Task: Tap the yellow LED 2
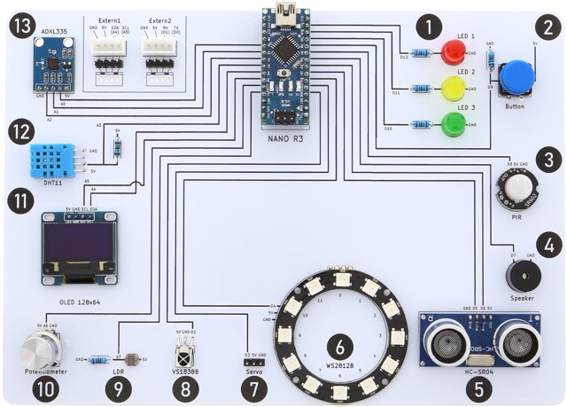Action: [x=453, y=89]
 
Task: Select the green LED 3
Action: [x=453, y=124]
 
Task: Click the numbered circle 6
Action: [x=340, y=346]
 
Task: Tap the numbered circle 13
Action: [x=21, y=27]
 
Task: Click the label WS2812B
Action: [x=340, y=366]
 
